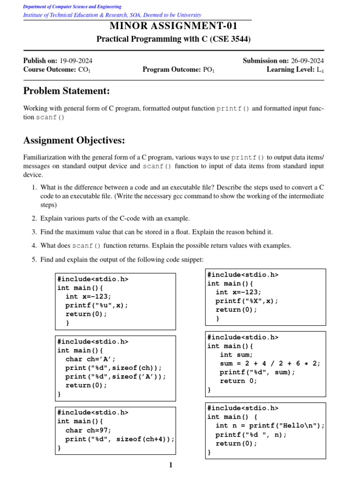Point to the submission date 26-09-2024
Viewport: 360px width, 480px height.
coord(307,60)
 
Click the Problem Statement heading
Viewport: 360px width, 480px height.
coord(67,90)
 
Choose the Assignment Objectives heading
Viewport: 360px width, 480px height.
coord(74,140)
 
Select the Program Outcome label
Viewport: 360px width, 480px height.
coord(171,69)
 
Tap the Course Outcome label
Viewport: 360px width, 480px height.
coord(49,69)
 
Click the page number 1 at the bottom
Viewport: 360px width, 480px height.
coord(171,465)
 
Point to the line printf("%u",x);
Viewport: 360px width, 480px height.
coord(97,305)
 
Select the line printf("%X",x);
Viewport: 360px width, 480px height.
coord(247,301)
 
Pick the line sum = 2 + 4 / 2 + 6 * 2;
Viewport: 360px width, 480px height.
coord(270,363)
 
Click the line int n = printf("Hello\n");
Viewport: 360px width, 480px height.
coord(270,426)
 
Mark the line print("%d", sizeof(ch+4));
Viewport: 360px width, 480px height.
coord(120,439)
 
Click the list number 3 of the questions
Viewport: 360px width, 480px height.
coord(34,232)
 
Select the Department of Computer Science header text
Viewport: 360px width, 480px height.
coord(72,7)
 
